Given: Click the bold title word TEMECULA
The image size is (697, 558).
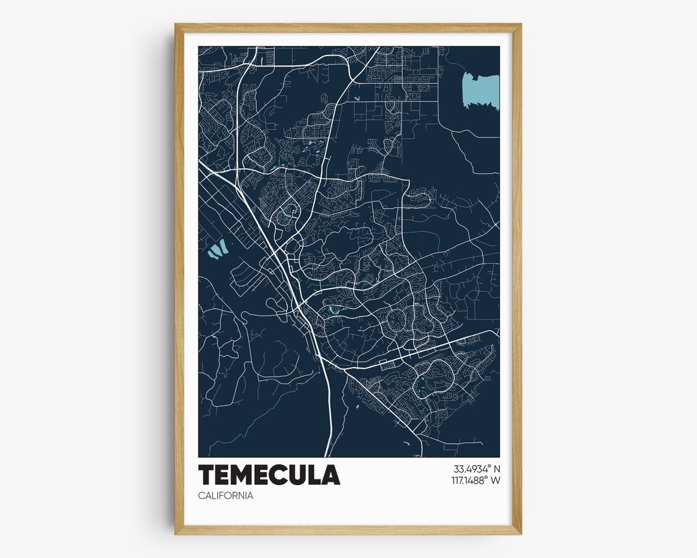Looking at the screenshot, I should [269, 475].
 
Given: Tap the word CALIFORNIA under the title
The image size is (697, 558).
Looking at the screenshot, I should [226, 496].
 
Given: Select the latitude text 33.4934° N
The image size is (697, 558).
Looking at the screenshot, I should [468, 469].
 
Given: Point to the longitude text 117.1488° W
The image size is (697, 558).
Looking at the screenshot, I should [468, 480].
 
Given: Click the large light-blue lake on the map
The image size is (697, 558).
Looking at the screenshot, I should [481, 90].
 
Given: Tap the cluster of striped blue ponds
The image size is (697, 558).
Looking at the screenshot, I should [218, 248].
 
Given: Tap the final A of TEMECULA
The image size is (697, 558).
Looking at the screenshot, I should [330, 475].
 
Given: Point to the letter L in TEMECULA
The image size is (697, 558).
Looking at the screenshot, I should [314, 475].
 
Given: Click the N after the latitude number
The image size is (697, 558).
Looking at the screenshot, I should [496, 469].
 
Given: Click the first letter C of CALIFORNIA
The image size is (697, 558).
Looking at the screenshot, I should [202, 496].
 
